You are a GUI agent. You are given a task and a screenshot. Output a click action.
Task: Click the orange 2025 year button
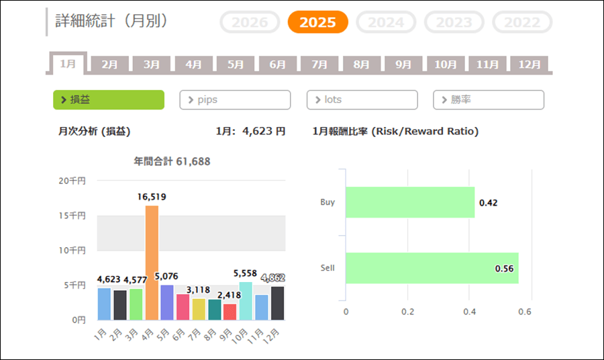[317, 22]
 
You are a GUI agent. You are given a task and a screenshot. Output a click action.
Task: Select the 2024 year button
[386, 22]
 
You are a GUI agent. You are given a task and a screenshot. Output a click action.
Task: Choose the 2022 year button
[522, 22]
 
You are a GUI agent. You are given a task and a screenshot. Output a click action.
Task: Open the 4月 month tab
[194, 64]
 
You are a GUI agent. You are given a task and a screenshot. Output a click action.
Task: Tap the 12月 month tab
[530, 64]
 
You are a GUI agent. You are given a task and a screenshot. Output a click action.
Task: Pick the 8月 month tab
[362, 64]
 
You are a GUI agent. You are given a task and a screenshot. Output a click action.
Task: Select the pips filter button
[235, 99]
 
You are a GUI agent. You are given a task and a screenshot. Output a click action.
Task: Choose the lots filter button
[362, 99]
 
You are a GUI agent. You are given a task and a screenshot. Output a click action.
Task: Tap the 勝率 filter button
[488, 99]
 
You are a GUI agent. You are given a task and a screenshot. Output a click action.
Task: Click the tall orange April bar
[152, 263]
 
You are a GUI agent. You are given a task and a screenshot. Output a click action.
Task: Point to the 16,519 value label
[151, 197]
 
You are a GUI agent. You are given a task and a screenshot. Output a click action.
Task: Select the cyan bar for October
[245, 301]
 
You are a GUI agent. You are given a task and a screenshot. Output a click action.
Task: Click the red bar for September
[230, 312]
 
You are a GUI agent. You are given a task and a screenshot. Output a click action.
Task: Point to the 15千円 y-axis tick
[72, 216]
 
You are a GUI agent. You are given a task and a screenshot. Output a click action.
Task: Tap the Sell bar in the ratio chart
[432, 268]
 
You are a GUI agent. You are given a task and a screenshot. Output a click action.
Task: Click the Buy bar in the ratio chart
[410, 202]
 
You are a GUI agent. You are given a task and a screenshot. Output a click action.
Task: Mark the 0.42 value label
[488, 202]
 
